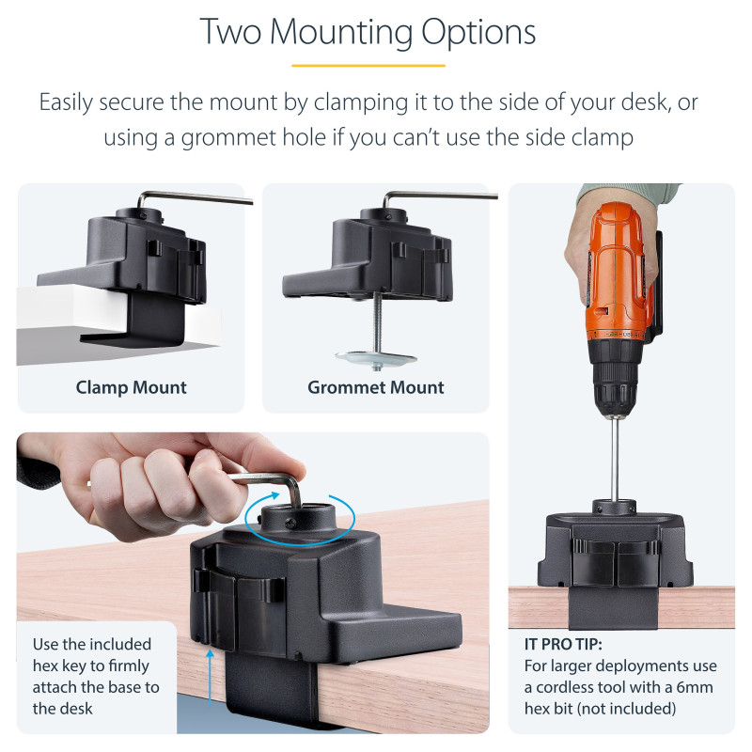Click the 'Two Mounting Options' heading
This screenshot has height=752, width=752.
tap(368, 32)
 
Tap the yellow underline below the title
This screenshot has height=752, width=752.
tap(368, 65)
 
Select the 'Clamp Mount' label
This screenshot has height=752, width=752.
tap(131, 387)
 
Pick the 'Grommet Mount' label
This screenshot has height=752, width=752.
tap(375, 387)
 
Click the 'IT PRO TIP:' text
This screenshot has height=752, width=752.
tap(563, 644)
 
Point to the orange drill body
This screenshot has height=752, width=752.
tap(617, 269)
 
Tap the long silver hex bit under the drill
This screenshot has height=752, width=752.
tap(615, 461)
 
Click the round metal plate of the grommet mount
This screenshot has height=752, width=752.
tap(375, 357)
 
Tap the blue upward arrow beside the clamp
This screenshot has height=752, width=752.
tap(210, 678)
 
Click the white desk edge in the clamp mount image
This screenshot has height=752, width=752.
tap(72, 307)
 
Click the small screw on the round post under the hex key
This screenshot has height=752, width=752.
tap(290, 525)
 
